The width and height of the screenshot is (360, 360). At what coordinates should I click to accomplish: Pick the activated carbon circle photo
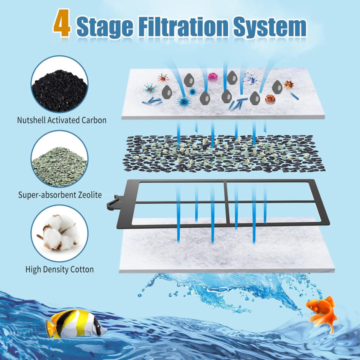[59, 84]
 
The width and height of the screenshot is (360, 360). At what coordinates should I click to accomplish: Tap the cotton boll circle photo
[59, 234]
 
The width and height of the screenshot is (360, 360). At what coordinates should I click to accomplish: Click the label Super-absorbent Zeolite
[59, 194]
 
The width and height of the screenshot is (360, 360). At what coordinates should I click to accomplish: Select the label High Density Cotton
[59, 269]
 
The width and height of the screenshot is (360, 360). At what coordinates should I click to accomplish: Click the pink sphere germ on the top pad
[213, 77]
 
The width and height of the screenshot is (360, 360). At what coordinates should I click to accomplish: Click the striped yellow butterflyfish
[75, 323]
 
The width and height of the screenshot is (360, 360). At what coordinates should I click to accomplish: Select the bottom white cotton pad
[225, 250]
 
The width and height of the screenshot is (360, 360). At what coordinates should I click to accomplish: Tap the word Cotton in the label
[81, 269]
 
